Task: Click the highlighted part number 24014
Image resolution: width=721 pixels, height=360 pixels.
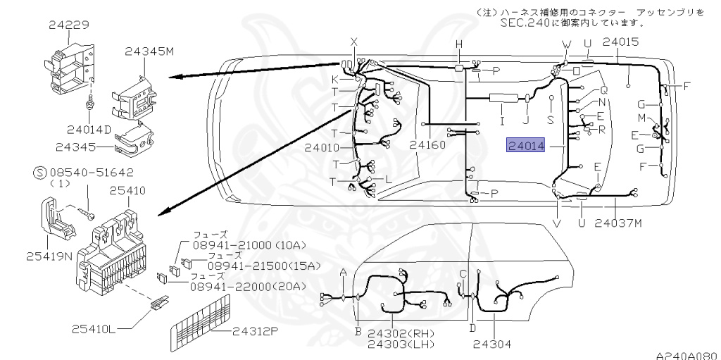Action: (526, 146)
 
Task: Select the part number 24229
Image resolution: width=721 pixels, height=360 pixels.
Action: (70, 25)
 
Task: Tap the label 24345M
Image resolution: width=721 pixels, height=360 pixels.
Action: (149, 51)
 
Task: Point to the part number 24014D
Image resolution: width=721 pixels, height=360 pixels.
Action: (89, 130)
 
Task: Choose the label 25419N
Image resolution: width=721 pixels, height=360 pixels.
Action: (50, 256)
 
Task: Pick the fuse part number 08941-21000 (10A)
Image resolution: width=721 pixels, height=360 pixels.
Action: (250, 246)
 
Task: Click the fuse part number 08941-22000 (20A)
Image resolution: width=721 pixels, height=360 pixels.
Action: (249, 286)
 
